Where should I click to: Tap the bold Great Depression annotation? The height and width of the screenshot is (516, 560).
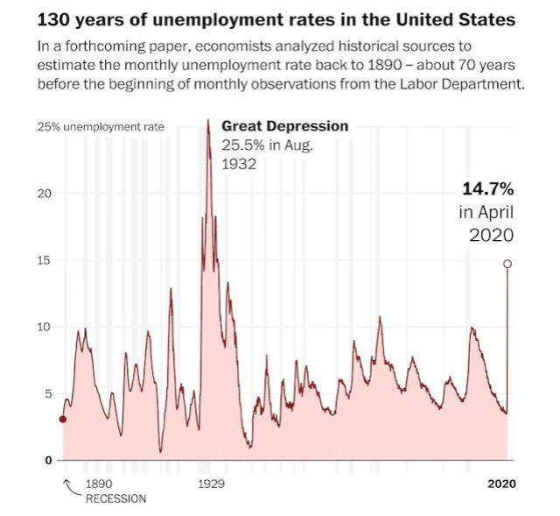click(x=284, y=126)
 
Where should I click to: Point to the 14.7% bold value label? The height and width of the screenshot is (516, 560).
click(x=487, y=188)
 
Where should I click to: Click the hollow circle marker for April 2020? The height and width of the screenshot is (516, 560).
click(x=507, y=264)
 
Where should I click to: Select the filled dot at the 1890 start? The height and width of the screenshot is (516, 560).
click(x=62, y=419)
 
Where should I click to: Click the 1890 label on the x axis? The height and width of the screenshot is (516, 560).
click(x=99, y=484)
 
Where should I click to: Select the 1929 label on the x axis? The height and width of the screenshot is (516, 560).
click(x=211, y=484)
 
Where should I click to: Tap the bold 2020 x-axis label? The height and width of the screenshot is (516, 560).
click(x=501, y=484)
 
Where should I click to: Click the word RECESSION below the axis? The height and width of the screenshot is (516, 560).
click(x=115, y=498)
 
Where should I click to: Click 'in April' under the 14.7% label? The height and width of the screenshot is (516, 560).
click(x=486, y=212)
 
